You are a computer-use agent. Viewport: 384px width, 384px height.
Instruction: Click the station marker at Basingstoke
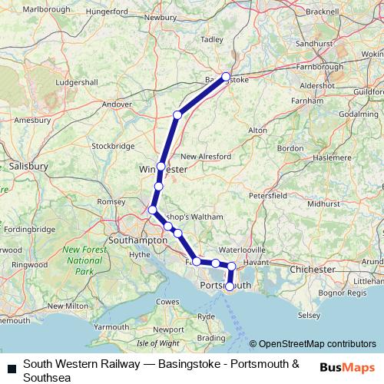226,76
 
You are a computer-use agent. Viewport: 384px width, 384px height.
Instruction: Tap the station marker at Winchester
161,167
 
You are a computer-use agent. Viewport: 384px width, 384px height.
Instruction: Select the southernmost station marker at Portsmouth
230,286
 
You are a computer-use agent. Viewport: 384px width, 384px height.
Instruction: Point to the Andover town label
118,104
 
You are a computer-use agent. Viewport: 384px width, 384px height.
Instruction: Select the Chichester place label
313,270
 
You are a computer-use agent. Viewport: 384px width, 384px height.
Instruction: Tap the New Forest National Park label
83,260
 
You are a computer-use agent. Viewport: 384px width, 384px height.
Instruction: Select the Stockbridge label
113,146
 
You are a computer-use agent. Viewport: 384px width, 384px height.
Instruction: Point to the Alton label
258,131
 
